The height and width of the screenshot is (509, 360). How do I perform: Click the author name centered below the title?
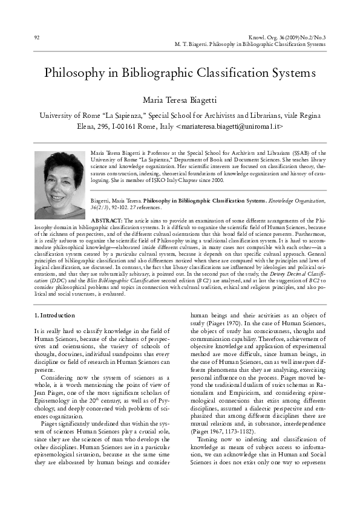point(180,99)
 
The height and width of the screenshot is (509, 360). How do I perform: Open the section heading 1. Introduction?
point(54,315)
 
